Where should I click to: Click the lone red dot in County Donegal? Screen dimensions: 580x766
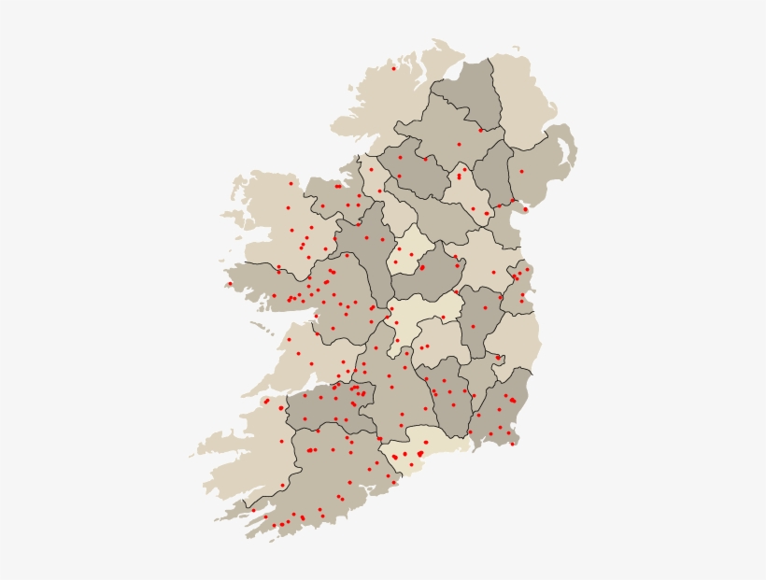pos(394,68)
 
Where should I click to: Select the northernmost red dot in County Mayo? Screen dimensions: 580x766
pos(291,183)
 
